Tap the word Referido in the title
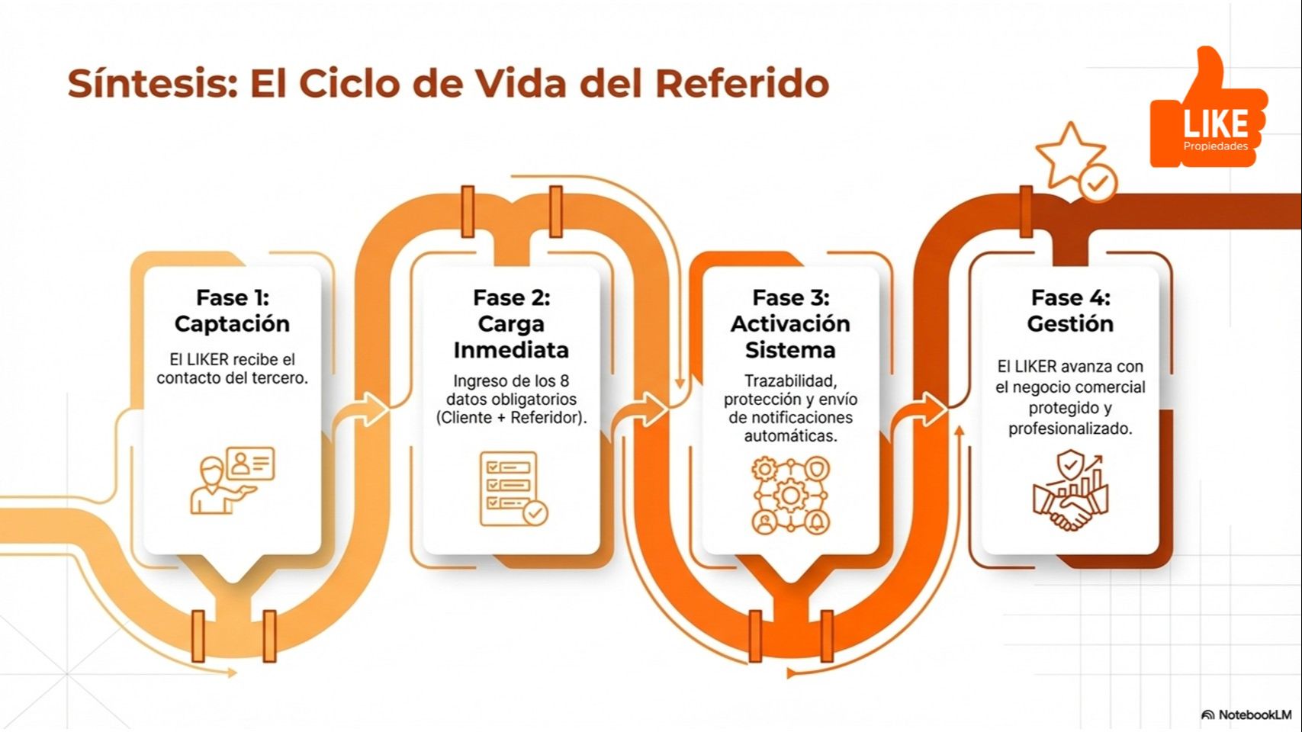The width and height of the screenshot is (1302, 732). [741, 83]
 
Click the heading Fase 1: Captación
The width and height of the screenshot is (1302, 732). [232, 311]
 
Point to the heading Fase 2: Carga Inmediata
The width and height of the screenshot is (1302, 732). [511, 323]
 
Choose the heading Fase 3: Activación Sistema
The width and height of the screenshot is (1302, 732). [790, 323]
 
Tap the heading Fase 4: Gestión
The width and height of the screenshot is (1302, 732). [1070, 311]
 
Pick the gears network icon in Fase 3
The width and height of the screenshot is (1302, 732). [790, 496]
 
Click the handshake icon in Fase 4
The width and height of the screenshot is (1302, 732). [1070, 492]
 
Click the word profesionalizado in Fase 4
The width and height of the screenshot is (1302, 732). [1070, 429]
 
